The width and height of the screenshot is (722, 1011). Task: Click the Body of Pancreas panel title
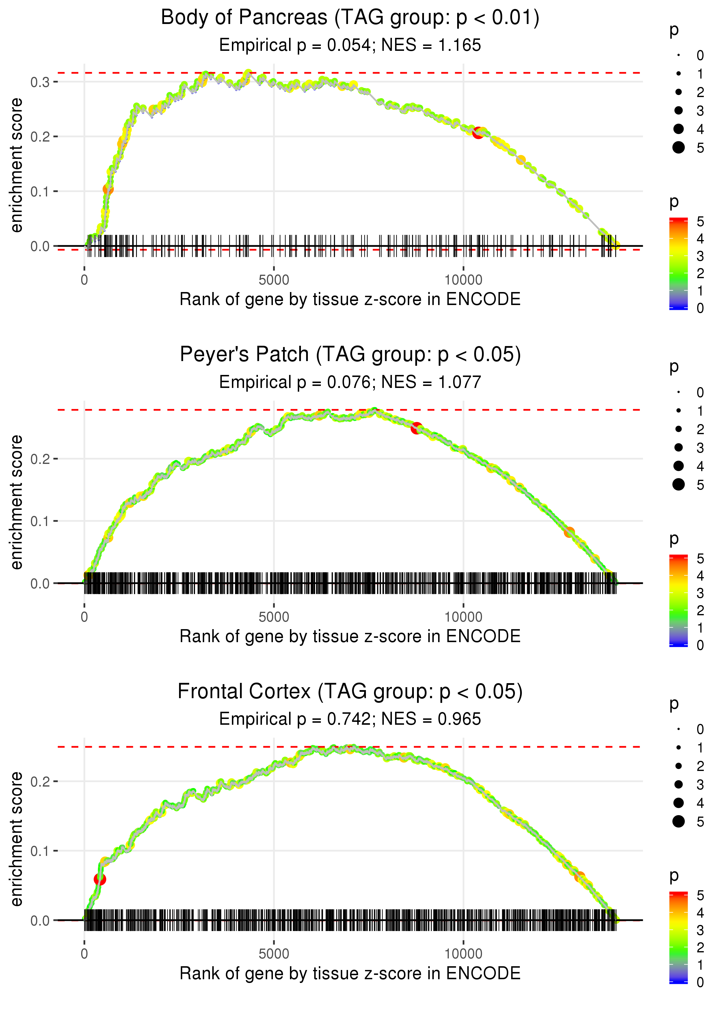[350, 18]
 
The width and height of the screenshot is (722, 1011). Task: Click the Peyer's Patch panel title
[350, 355]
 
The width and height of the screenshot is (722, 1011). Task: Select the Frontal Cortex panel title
[350, 692]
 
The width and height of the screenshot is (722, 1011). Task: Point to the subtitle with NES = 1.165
[350, 45]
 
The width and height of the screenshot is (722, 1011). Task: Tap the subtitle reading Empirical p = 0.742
[350, 719]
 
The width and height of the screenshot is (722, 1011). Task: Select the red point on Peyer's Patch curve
[416, 428]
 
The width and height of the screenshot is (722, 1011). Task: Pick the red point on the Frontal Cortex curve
[100, 879]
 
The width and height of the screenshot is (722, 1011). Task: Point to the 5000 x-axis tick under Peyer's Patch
[274, 617]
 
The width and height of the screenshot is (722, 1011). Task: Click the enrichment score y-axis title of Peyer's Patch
[16, 502]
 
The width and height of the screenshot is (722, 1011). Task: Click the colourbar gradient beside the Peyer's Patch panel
[678, 600]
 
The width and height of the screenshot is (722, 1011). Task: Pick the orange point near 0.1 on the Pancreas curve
[108, 189]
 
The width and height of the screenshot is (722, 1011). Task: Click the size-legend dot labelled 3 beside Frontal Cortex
[678, 784]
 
